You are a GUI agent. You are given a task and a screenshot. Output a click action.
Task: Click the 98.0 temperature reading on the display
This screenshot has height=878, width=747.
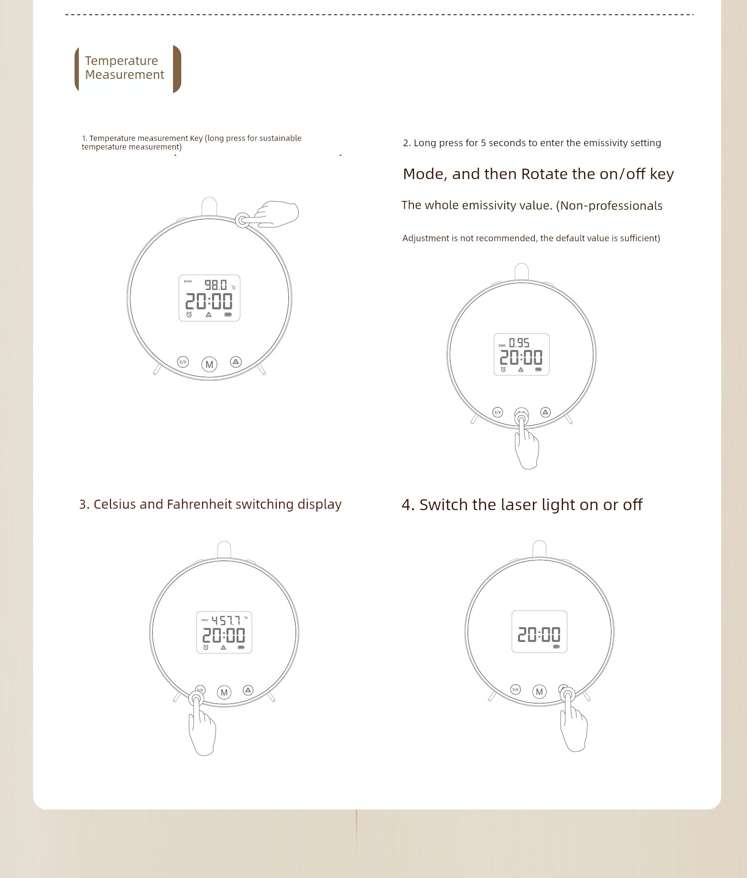pos(216,285)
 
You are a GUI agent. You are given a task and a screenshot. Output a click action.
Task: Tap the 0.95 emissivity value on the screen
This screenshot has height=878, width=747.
pos(519,343)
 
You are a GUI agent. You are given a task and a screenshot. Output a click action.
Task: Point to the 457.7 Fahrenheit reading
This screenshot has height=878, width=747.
pos(226,621)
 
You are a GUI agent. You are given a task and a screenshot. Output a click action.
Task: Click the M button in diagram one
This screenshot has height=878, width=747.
pos(209,364)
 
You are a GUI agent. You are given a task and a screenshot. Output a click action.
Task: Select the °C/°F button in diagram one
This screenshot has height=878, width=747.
pos(183,362)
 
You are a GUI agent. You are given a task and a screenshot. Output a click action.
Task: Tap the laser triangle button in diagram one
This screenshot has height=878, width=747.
pos(236,362)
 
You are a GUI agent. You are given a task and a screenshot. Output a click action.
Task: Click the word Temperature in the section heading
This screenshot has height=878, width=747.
pos(121,61)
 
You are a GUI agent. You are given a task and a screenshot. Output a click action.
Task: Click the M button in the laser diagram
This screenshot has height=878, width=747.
pos(540,691)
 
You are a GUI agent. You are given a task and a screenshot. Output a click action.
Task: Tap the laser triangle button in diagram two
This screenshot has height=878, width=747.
pos(546,412)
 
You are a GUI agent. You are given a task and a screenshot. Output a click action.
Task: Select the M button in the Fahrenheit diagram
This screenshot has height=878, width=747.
pos(224,692)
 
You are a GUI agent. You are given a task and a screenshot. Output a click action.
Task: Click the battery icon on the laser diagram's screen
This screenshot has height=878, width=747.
pos(556,646)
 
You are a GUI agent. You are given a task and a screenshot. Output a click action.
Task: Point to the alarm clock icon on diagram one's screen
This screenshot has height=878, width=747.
pos(189,314)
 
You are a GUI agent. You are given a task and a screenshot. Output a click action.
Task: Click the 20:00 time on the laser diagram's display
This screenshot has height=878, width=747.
pos(539,634)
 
